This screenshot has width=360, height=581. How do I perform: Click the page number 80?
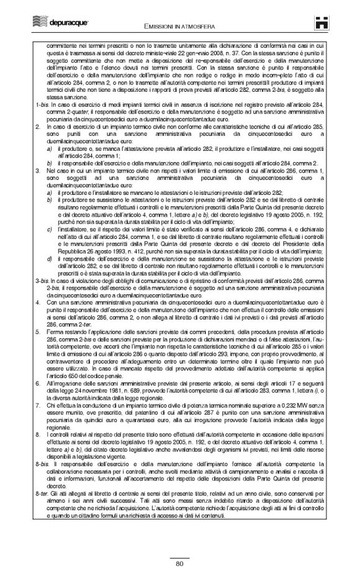click(179, 564)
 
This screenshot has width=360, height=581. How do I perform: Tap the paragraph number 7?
click(38, 387)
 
